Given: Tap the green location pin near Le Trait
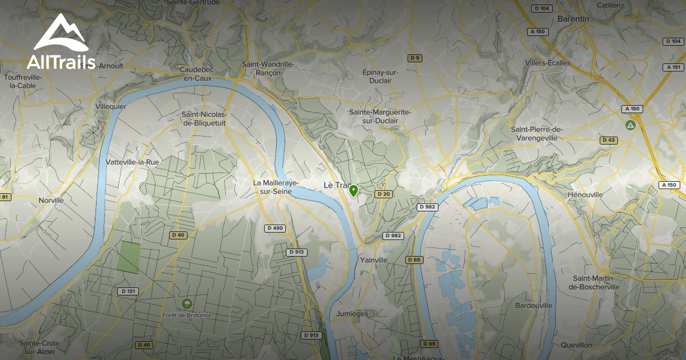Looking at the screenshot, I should click(x=354, y=190).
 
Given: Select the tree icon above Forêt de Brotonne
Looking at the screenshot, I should click(x=186, y=303).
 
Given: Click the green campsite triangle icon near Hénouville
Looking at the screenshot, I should click(x=631, y=125).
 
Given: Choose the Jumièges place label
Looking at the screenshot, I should click(x=352, y=314).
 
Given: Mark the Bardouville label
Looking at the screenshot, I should click(x=534, y=306).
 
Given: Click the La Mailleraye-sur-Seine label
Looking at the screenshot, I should click(x=273, y=187).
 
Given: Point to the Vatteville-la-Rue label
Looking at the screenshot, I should click(x=133, y=162).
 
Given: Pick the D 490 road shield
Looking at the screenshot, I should click(x=275, y=228).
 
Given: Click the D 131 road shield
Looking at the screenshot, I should click(x=129, y=291).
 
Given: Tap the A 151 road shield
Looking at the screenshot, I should click(x=673, y=67).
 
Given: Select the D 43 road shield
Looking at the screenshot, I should click(x=609, y=140).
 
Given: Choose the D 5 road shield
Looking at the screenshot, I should click(x=414, y=58).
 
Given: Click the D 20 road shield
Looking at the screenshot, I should click(x=383, y=194).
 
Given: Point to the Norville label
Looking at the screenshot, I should click(x=51, y=200).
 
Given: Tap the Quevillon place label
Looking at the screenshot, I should click(x=576, y=345).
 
